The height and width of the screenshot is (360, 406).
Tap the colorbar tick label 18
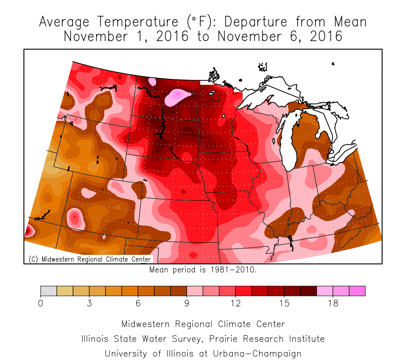click(x=333, y=304)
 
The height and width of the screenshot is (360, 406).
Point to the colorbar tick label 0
click(x=41, y=304)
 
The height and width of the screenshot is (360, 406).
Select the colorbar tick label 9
click(x=187, y=304)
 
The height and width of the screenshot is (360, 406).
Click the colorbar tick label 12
click(x=235, y=304)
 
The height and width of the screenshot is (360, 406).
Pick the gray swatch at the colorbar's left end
click(x=49, y=291)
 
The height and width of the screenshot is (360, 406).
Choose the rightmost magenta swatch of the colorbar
click(x=357, y=291)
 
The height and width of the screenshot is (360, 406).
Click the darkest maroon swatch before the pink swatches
click(x=309, y=291)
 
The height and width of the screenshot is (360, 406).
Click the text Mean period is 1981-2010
click(x=203, y=270)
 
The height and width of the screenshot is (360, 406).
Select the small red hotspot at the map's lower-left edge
click(x=28, y=231)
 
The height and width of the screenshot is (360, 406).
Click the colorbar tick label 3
click(x=89, y=304)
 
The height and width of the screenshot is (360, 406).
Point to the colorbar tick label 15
click(x=284, y=304)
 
